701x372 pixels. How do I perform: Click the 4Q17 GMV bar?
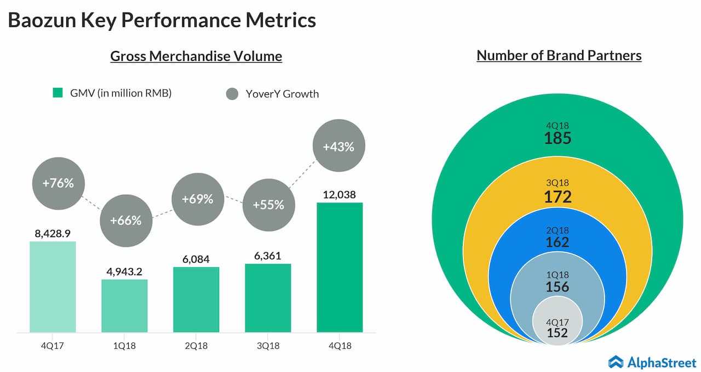53,286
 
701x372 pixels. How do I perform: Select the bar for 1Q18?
124,306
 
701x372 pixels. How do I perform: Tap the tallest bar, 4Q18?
340,267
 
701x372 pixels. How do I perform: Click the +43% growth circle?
338,147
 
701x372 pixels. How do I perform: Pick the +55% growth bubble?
268,205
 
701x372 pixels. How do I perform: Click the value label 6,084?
196,258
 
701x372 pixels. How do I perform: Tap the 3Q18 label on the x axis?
268,346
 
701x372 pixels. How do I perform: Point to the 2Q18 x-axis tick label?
196,346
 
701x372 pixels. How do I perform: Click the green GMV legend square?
58,93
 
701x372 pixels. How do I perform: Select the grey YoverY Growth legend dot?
232,94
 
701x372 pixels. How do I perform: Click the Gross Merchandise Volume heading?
196,56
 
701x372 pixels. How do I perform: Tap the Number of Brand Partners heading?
559,55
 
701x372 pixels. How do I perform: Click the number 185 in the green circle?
558,138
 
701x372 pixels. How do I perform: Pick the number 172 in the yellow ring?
558,196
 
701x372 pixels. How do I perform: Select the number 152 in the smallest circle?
557,332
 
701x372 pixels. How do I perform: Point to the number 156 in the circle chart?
558,286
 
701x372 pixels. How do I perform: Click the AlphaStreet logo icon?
616,361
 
